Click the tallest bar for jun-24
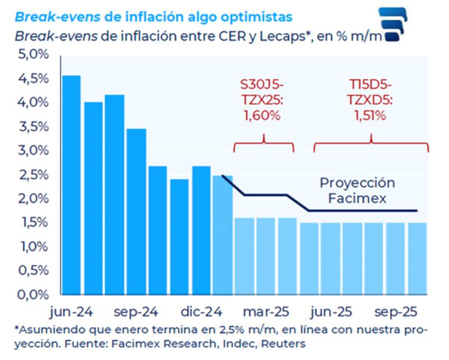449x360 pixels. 71,185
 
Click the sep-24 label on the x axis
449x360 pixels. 136,311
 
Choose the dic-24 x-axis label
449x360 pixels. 200,311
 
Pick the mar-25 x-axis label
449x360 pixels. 264,311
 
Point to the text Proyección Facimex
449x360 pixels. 357,191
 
